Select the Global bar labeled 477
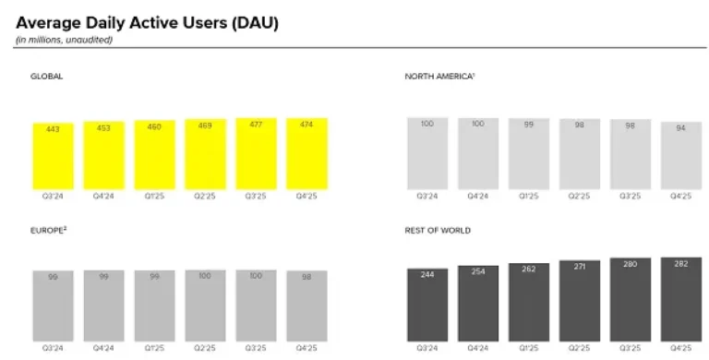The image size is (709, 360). (x=256, y=154)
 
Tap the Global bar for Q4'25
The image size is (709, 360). (x=306, y=154)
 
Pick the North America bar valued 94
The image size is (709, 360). (x=680, y=157)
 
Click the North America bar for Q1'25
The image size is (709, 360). (x=528, y=154)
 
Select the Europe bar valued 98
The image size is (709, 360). (x=306, y=306)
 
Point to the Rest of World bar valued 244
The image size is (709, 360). (x=427, y=305)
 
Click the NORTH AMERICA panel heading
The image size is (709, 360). (x=439, y=77)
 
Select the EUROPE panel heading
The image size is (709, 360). (x=49, y=230)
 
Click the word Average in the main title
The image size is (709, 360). (x=46, y=21)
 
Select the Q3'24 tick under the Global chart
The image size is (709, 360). (x=53, y=197)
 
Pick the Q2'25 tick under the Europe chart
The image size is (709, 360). (x=205, y=350)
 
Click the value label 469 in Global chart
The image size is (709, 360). (x=205, y=126)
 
